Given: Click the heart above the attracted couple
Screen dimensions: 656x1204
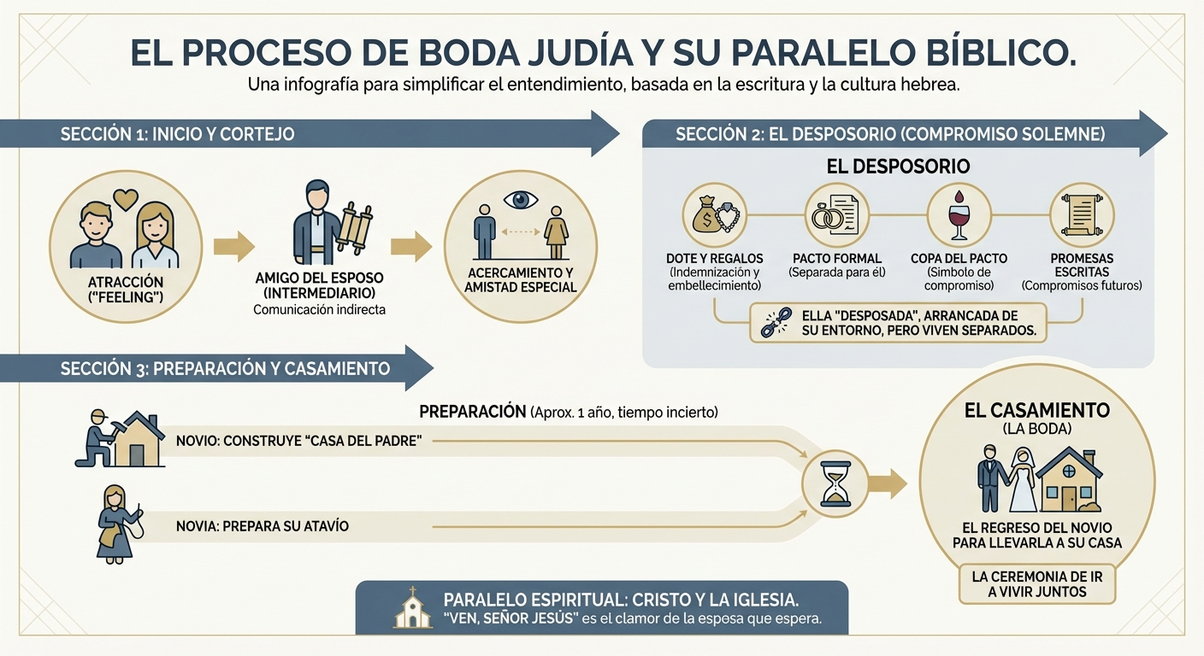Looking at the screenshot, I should click(126, 198).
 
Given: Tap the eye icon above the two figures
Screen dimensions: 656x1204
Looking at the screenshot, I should click(521, 200).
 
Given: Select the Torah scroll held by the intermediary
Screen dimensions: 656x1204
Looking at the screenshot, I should click(353, 227).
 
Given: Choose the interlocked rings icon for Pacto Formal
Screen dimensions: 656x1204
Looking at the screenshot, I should click(827, 218).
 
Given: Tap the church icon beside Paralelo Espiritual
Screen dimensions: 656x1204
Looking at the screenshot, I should click(412, 607).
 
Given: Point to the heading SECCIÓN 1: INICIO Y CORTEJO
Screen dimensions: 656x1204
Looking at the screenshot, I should click(178, 135).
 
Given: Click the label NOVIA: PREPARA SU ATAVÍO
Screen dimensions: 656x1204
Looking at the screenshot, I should click(262, 526).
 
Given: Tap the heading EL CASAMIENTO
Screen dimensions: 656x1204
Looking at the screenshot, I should click(1036, 411).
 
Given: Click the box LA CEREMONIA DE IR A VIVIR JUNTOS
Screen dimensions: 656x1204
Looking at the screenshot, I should click(1036, 584).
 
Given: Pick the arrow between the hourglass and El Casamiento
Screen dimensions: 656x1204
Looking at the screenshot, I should click(887, 483).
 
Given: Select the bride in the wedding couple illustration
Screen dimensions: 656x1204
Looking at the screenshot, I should click(1022, 479).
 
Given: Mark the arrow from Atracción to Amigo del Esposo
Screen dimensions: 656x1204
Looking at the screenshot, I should click(233, 247).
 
